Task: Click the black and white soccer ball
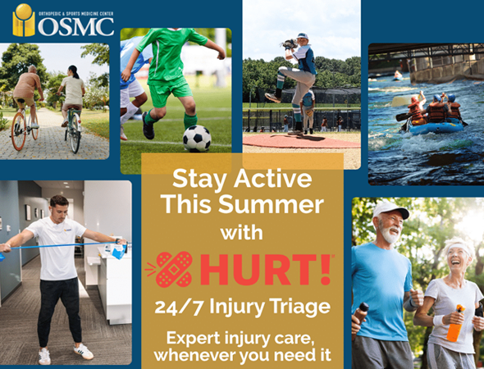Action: click(197, 139)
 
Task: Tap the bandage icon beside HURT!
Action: click(173, 269)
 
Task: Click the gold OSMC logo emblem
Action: click(24, 20)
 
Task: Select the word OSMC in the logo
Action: click(76, 26)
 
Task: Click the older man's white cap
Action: click(390, 210)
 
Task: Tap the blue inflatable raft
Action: click(436, 128)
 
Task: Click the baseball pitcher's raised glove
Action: click(290, 44)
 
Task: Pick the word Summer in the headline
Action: click(271, 204)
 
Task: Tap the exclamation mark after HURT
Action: click(326, 269)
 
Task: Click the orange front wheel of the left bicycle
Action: click(19, 131)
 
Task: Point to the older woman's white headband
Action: click(460, 247)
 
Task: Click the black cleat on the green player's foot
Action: click(148, 126)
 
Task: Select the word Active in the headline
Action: click(272, 179)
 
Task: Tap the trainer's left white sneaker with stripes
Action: click(84, 352)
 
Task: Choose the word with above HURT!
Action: click(241, 233)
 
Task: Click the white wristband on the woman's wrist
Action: click(438, 321)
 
